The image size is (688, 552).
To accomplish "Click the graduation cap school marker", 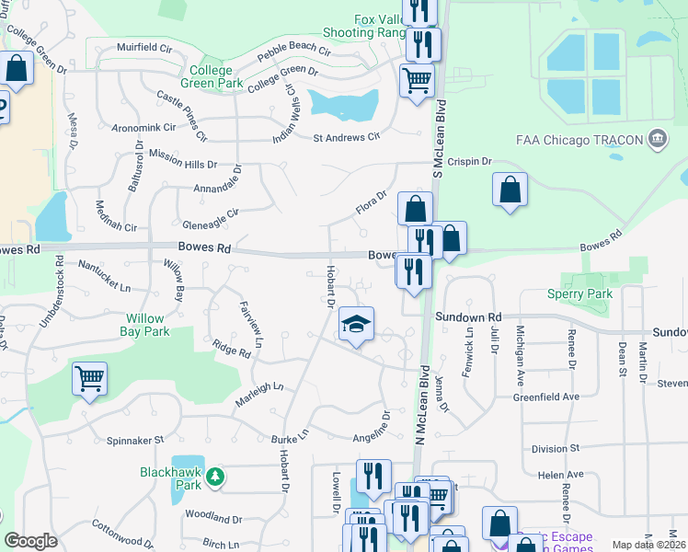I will point(356,325).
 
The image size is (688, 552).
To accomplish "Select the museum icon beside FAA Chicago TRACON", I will point(657,139).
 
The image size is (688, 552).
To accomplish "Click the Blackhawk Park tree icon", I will point(214,476).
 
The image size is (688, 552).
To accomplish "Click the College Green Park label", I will point(217,76).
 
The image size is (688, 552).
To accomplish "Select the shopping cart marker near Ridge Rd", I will point(89,378).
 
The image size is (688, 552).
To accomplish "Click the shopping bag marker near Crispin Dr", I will point(510,190).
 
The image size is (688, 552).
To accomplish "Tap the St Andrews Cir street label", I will point(347,138).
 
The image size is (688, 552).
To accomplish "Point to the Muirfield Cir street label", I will point(145,46).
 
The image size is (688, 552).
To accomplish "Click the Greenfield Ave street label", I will point(571,397).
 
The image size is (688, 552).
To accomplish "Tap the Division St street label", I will point(556,448).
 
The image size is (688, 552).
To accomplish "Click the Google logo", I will point(30,541).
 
